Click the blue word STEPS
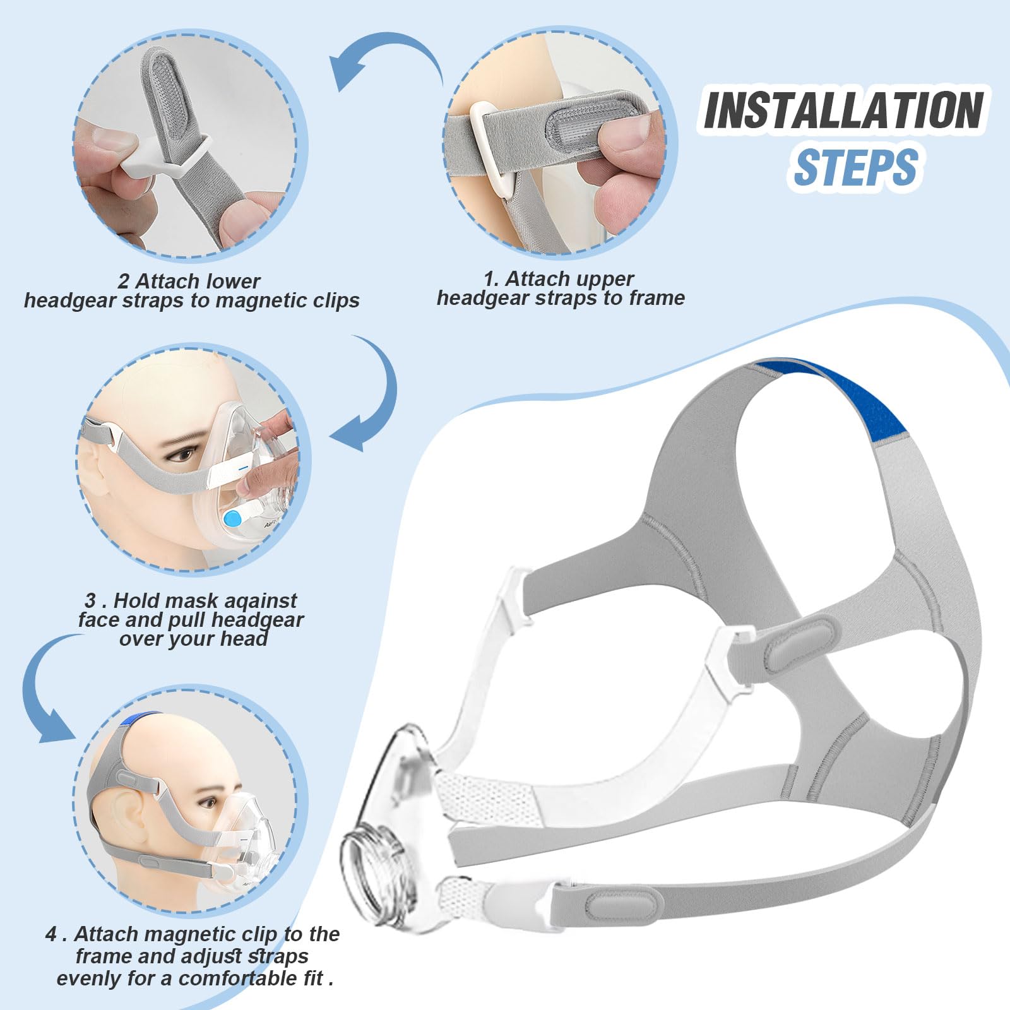(x=855, y=167)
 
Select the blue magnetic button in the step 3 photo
(x=233, y=520)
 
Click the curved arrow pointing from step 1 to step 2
(x=385, y=63)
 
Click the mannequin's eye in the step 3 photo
(x=183, y=454)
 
